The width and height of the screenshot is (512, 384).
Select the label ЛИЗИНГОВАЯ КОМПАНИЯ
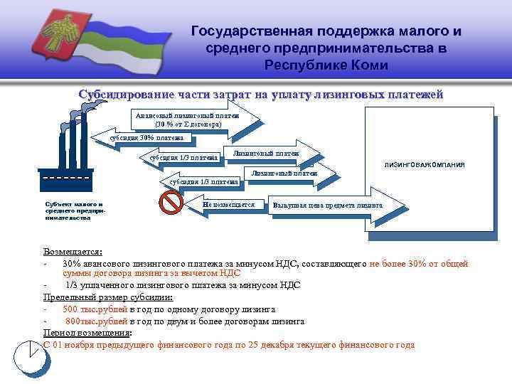click(x=425, y=164)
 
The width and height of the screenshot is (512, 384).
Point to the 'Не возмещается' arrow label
click(x=228, y=205)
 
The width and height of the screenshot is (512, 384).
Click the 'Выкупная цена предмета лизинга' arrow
click(x=328, y=206)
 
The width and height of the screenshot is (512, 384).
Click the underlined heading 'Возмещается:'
click(x=73, y=252)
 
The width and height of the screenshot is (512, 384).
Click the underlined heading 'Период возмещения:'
click(x=87, y=333)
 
